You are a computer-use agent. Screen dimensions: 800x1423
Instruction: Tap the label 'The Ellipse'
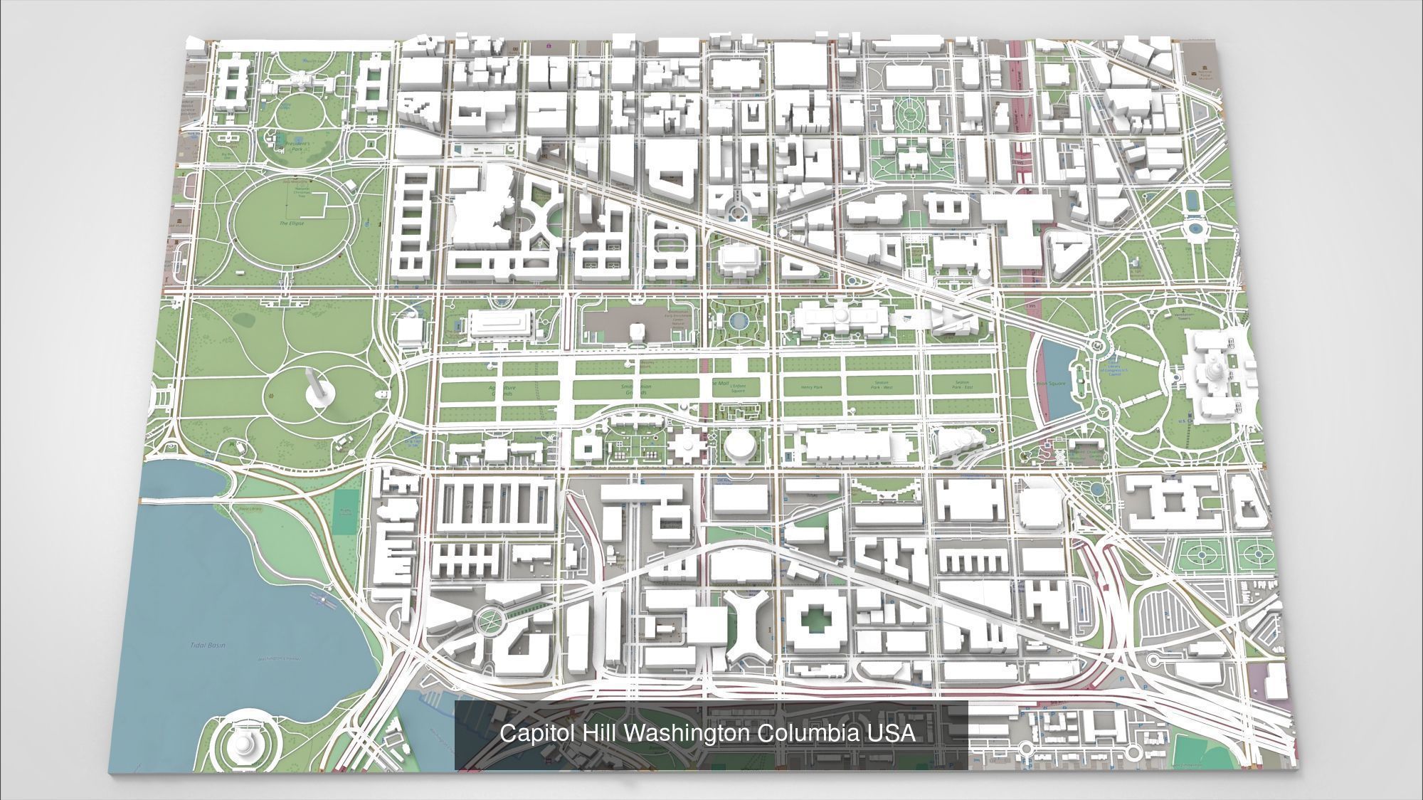[292, 223]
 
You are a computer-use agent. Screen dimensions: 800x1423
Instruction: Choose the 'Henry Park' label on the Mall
[811, 388]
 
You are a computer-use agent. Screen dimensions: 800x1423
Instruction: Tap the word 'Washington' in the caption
[687, 733]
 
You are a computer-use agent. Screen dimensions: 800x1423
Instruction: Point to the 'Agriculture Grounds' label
[502, 391]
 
